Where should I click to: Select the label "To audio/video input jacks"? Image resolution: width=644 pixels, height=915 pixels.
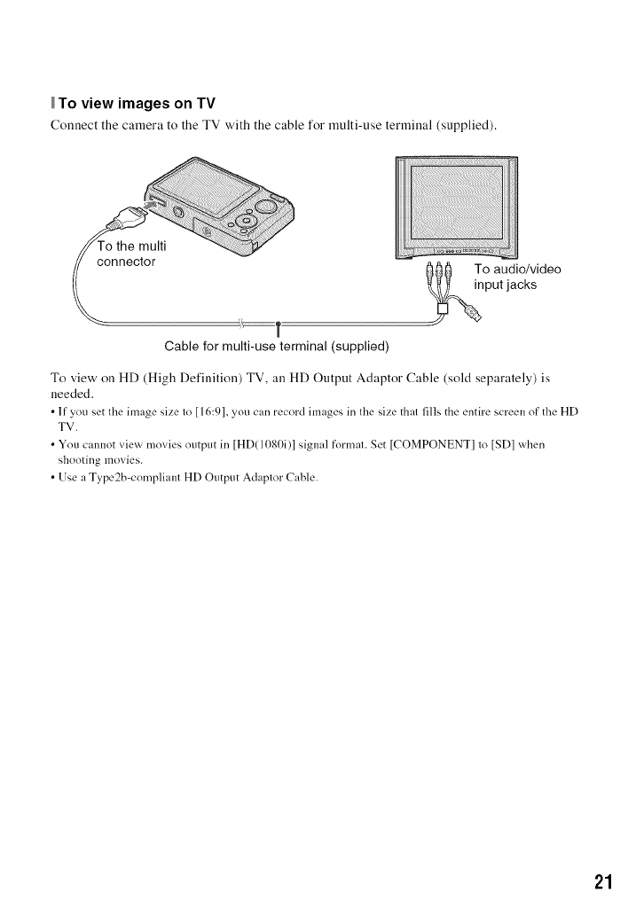[x=517, y=277]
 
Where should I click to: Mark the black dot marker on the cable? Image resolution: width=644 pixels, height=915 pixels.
[x=279, y=324]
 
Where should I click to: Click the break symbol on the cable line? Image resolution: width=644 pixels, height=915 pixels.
[x=241, y=323]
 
